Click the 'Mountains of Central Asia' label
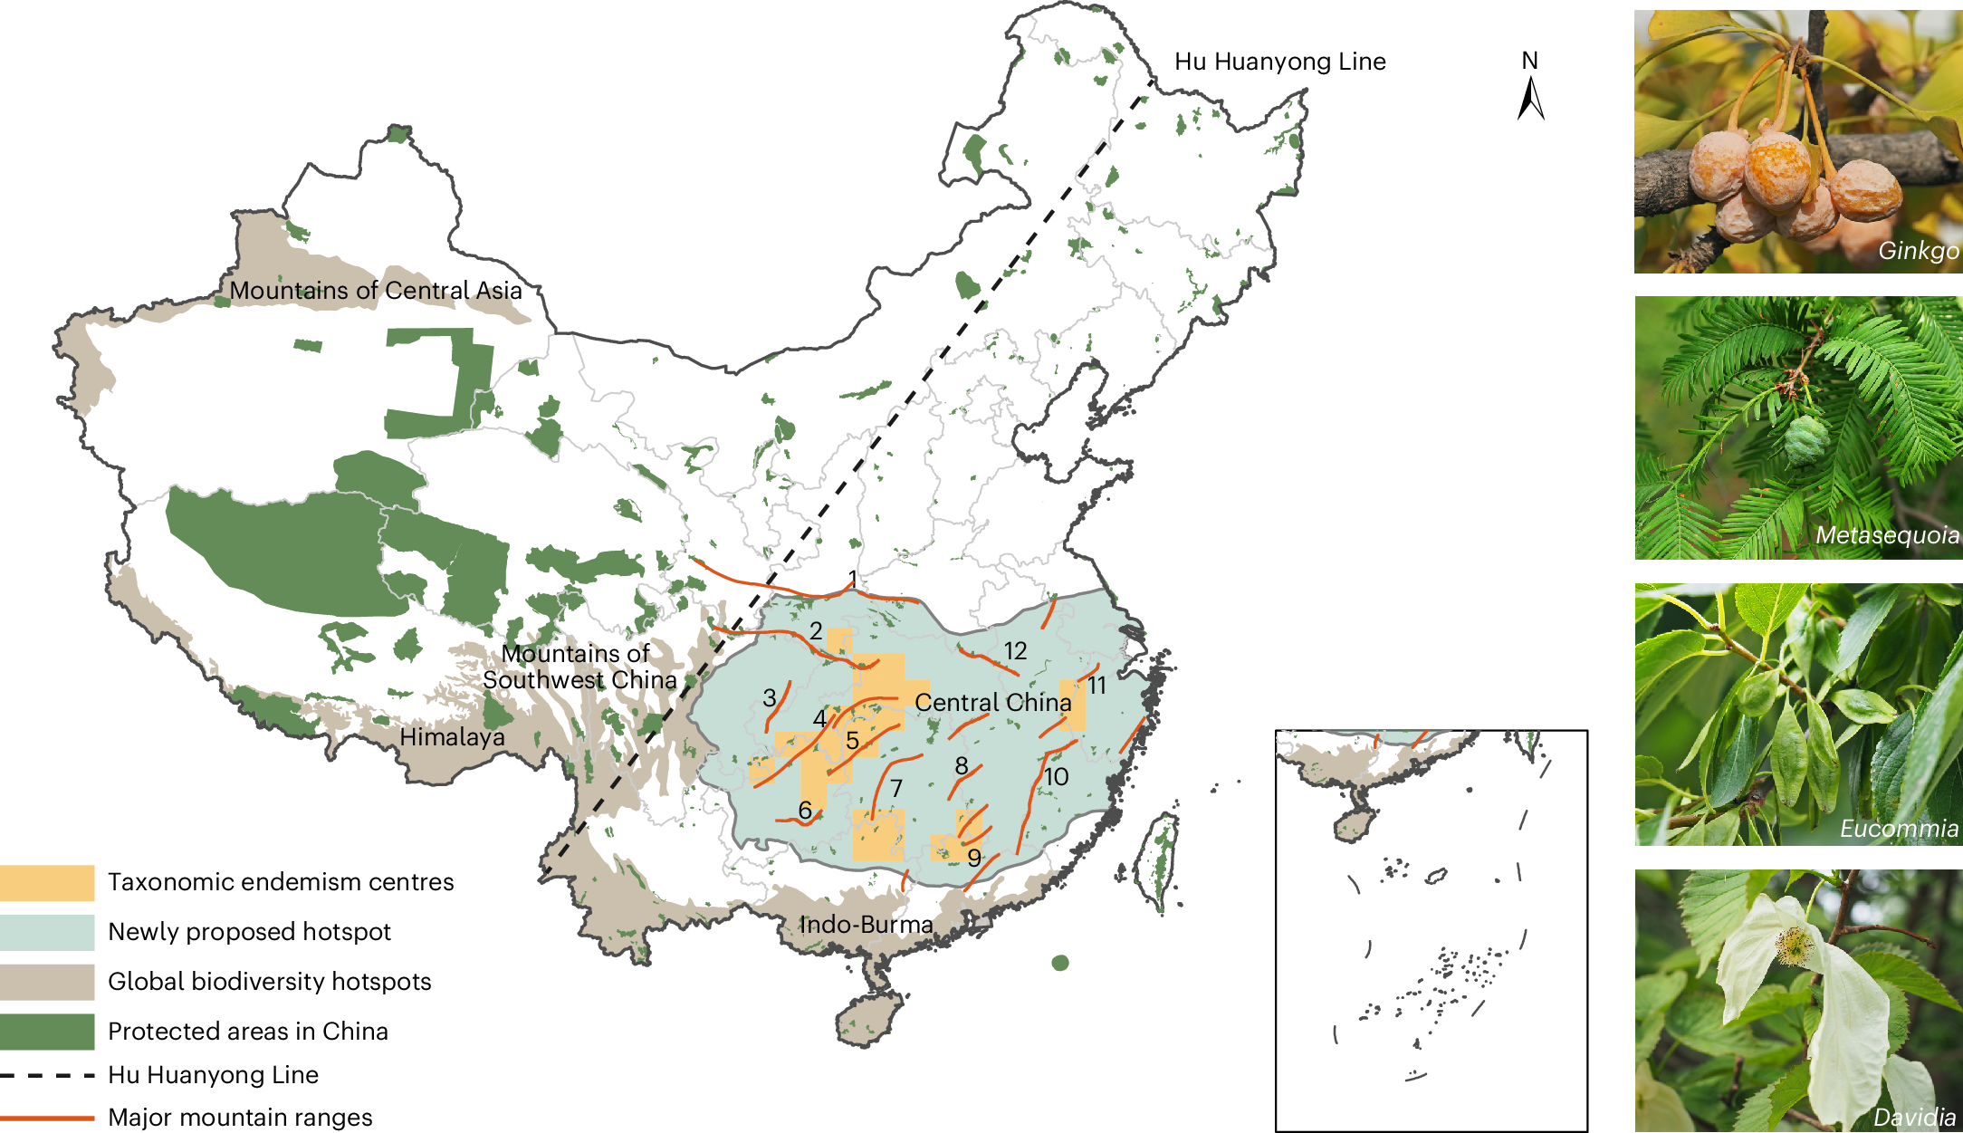pos(375,291)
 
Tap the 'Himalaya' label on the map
pos(452,737)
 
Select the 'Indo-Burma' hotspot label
pos(866,925)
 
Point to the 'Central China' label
pos(992,703)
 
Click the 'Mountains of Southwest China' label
pos(579,667)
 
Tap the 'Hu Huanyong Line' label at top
pos(1279,62)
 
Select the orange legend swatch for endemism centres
pos(47,883)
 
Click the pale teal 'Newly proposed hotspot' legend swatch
pos(47,932)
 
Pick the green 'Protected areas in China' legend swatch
pos(47,1032)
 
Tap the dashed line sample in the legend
pos(47,1075)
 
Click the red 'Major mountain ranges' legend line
pos(47,1118)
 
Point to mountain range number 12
pos(1015,651)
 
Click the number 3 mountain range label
pos(769,698)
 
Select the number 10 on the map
pos(1056,777)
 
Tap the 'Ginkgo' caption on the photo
pos(1918,251)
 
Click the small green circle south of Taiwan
pos(1060,963)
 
